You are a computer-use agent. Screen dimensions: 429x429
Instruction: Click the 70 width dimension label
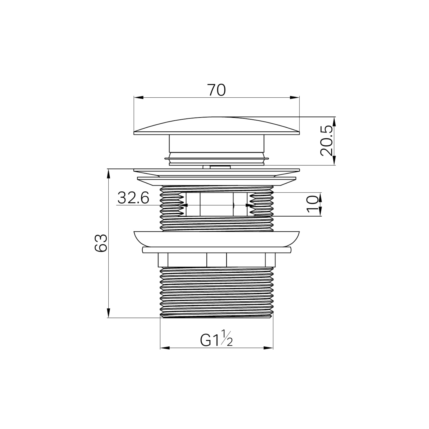pos(216,90)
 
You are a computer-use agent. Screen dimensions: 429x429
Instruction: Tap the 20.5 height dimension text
pos(327,141)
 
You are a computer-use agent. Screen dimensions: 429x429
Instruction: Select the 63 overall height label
pos(101,243)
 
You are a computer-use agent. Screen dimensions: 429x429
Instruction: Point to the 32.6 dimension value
pos(133,198)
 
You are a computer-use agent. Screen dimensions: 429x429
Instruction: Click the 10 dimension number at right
pos(313,204)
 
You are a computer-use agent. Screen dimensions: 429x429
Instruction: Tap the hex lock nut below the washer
pos(216,260)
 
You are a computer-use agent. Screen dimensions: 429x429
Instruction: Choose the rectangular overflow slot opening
pos(216,204)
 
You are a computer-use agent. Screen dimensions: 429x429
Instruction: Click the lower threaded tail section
pos(216,292)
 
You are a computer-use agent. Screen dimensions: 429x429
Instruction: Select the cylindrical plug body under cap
pos(216,143)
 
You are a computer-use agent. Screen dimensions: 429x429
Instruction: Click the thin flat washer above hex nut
pos(216,250)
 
